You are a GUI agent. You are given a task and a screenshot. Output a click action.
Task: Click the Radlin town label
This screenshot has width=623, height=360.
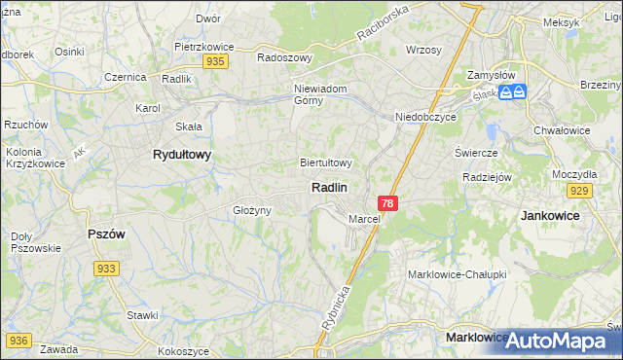click(x=330, y=186)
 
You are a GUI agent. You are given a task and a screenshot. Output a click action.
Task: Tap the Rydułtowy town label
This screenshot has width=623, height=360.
click(x=182, y=155)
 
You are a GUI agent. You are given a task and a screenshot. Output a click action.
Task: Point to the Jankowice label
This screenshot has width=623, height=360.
click(x=550, y=215)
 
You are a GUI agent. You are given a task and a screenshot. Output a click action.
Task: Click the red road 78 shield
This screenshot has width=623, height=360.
click(x=388, y=203)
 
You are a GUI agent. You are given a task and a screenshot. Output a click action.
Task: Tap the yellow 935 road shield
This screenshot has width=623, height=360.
click(x=216, y=60)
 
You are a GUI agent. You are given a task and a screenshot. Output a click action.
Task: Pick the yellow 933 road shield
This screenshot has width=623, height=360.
click(x=107, y=268)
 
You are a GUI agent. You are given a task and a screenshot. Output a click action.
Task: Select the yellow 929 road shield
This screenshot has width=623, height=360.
click(x=581, y=190)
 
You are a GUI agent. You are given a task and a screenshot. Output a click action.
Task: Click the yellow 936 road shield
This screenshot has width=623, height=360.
click(x=18, y=340)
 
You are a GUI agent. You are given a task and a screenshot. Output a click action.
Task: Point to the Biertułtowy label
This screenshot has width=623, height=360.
click(x=326, y=163)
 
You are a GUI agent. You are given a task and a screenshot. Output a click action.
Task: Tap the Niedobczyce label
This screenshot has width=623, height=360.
click(x=425, y=118)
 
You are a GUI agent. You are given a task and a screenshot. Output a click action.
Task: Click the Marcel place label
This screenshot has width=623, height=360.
click(x=364, y=219)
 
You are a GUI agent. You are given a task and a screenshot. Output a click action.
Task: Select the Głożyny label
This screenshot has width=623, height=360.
click(x=250, y=210)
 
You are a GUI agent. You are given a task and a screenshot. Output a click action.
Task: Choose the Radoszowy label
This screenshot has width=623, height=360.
click(x=284, y=57)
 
